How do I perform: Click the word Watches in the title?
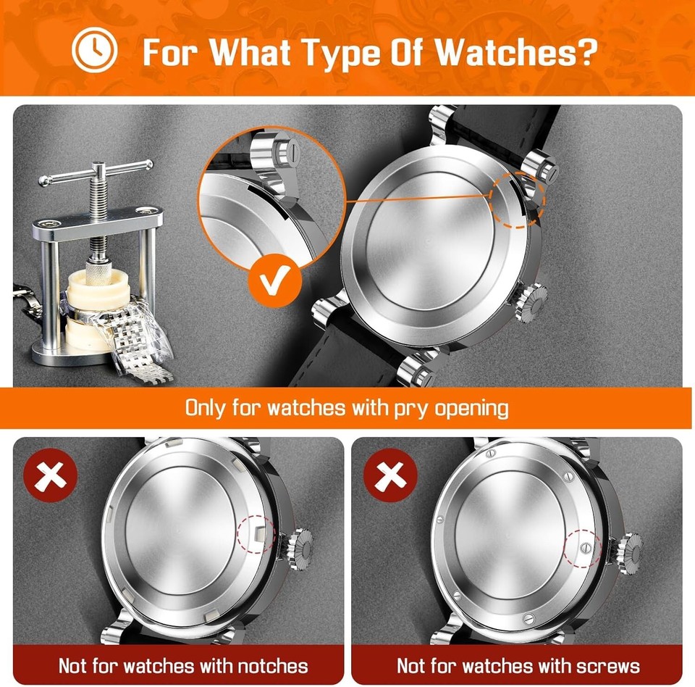[x=507, y=52]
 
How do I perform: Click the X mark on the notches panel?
[x=51, y=475]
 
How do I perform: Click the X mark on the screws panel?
[x=389, y=475]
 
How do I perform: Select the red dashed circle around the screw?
[x=584, y=549]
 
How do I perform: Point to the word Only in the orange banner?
[x=206, y=407]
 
